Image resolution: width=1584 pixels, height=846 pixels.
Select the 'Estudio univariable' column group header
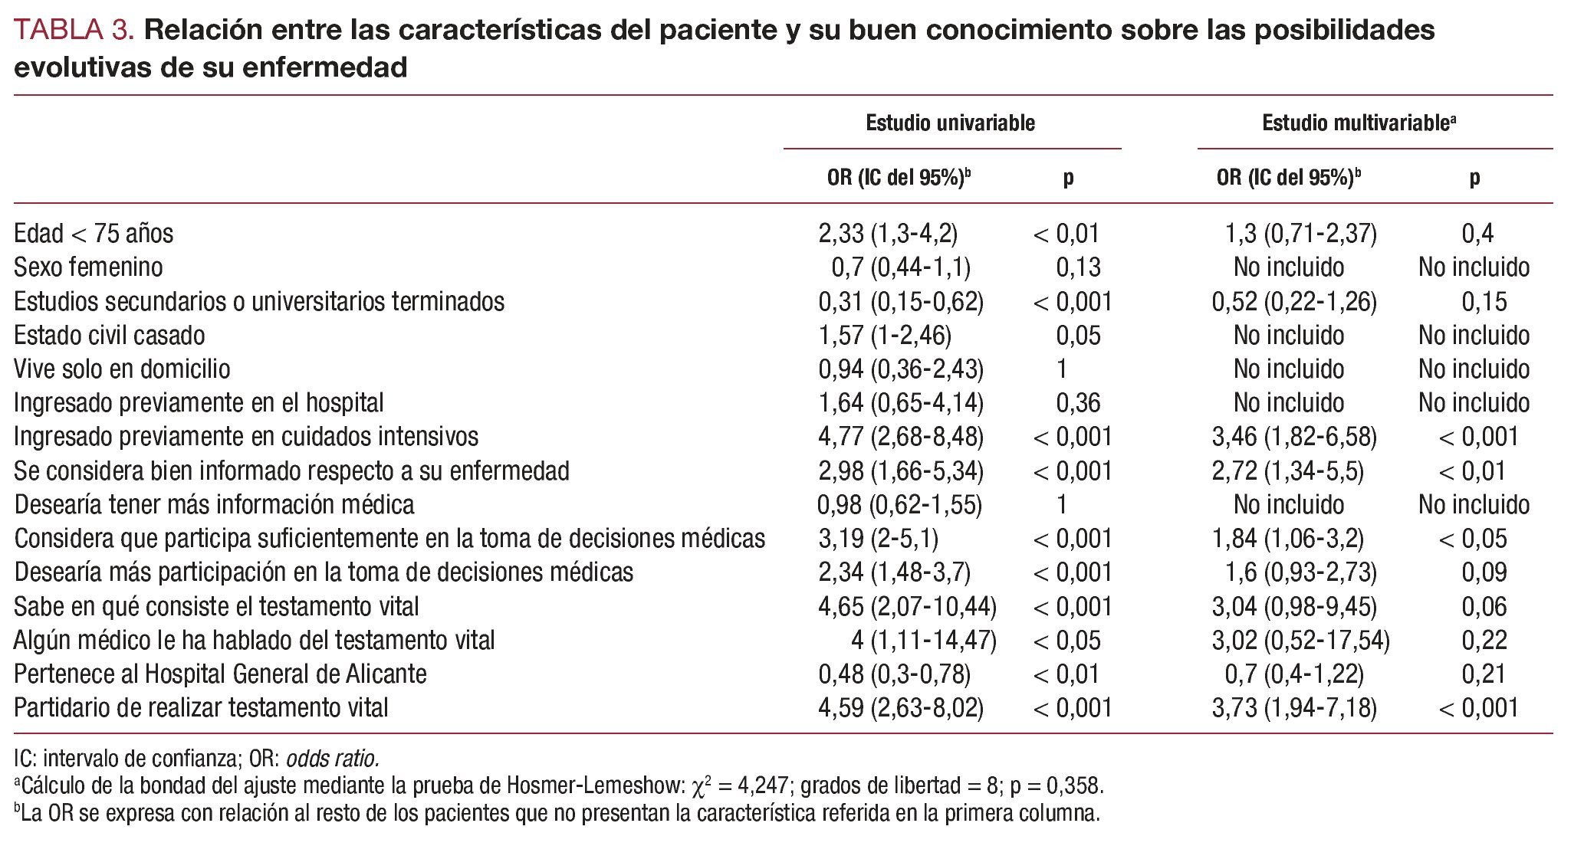950,123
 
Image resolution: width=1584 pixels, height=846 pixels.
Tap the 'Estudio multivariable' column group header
1358,123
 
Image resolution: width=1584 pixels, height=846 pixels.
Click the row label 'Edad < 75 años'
94,234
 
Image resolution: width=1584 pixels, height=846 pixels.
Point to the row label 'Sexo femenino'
88,267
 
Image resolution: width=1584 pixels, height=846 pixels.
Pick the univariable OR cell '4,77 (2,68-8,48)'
900,437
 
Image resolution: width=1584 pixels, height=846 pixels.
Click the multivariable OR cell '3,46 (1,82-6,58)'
1293,437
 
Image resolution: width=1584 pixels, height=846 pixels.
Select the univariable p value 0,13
1077,267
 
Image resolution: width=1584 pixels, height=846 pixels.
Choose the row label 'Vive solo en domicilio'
122,369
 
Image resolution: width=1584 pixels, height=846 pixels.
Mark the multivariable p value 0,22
1484,641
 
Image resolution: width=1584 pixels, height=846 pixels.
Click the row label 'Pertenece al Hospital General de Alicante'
220,674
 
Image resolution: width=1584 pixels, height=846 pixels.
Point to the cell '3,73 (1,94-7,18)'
1293,708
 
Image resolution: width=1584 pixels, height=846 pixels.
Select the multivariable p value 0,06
1484,607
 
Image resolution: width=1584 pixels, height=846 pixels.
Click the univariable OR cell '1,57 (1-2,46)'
884,336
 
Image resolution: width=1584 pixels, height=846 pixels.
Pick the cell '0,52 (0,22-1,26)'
1293,302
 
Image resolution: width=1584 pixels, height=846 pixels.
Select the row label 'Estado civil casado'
110,336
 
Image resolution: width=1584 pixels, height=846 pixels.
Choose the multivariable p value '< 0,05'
1473,539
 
